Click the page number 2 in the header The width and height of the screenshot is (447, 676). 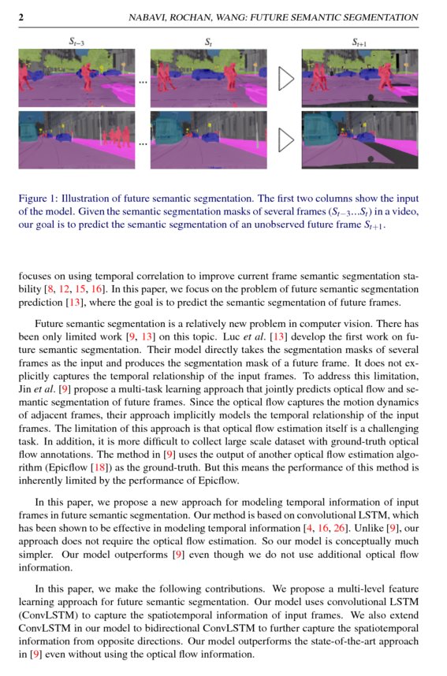pos(21,17)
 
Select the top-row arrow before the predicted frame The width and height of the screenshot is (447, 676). pos(287,78)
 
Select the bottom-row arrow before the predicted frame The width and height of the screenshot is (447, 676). pos(287,140)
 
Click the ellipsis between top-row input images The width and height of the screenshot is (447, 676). pos(143,81)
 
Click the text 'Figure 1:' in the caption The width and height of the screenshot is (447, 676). pos(39,199)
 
